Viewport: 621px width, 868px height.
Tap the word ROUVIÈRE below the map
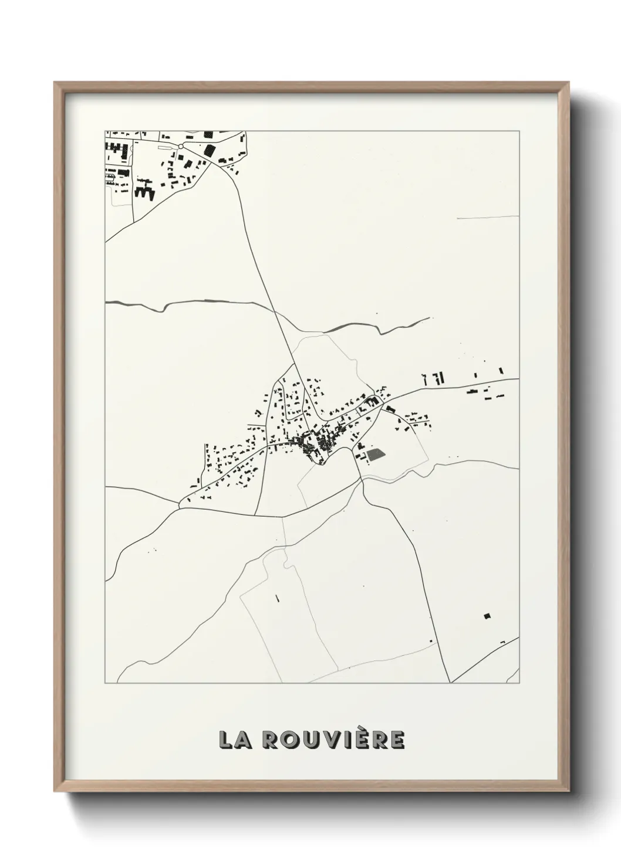click(x=332, y=740)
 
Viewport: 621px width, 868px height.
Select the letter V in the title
click(x=337, y=740)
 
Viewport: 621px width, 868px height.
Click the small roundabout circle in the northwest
click(x=181, y=145)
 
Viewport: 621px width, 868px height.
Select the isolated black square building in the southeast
click(x=486, y=615)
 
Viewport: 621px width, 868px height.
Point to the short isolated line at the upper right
click(x=487, y=217)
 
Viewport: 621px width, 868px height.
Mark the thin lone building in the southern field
click(x=276, y=599)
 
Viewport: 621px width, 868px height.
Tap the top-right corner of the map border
click(x=519, y=131)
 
